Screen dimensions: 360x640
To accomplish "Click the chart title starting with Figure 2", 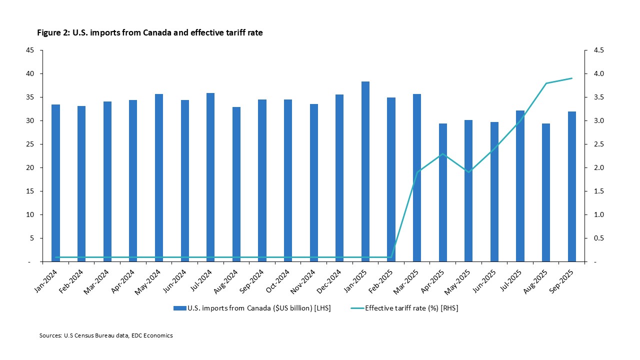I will [150, 33].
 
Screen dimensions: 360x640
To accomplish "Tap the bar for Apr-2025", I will [443, 192].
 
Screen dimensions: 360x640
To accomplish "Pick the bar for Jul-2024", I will [210, 177].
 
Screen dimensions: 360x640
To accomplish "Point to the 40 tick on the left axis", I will [30, 73].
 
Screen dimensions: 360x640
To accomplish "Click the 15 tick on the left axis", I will [30, 191].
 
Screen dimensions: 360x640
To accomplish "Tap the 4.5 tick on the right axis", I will [598, 50].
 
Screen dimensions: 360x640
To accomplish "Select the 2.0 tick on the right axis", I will [598, 167].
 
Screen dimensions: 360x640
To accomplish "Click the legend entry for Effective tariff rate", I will [411, 308].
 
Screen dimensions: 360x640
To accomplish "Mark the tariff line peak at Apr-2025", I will [443, 153].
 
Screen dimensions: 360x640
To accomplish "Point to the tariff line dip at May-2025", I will [468, 172].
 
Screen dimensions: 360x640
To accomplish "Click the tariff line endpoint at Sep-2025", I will [571, 78].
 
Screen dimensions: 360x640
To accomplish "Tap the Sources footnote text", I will [106, 335].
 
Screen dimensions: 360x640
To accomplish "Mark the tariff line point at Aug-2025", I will [546, 83].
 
